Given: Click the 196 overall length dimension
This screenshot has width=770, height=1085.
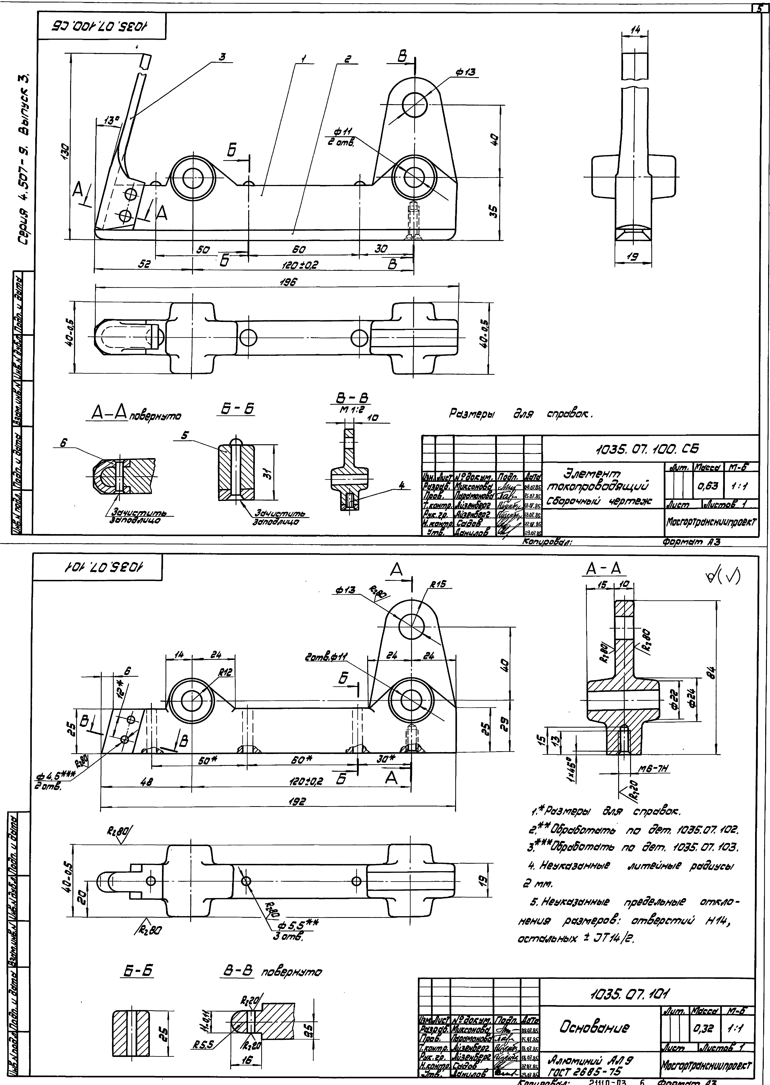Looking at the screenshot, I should (288, 282).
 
